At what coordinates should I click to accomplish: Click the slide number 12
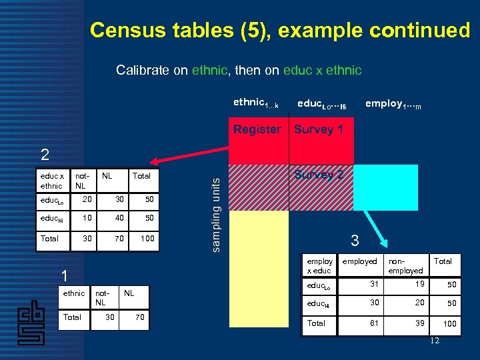(x=435, y=341)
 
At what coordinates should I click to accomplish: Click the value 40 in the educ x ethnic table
(x=119, y=219)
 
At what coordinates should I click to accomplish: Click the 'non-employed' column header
(x=405, y=265)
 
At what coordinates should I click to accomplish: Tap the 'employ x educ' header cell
(x=319, y=265)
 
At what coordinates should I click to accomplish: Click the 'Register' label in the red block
(x=257, y=129)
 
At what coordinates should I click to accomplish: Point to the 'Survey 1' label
(x=319, y=129)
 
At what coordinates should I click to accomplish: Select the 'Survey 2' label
(x=319, y=175)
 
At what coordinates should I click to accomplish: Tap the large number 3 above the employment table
(x=355, y=239)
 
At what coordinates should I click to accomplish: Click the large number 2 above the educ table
(x=45, y=155)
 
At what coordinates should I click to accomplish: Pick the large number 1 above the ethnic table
(x=63, y=275)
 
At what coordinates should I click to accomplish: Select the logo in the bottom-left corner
(x=31, y=321)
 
